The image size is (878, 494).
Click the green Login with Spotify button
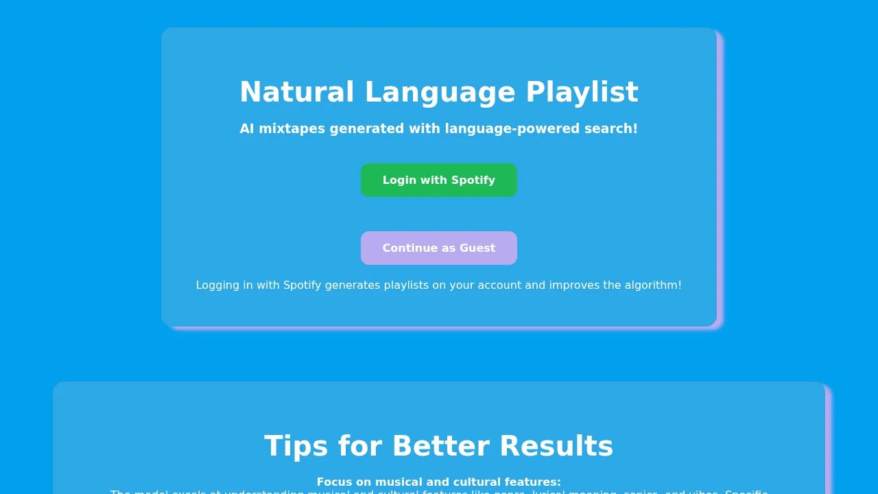[439, 180]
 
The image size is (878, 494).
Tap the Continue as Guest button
[439, 248]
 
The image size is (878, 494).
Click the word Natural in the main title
[297, 93]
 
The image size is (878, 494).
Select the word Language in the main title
[440, 93]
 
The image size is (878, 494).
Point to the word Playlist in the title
[582, 93]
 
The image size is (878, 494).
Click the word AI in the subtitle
[247, 129]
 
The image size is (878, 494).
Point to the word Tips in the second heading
[296, 447]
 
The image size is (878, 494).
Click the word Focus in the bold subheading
[334, 482]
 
